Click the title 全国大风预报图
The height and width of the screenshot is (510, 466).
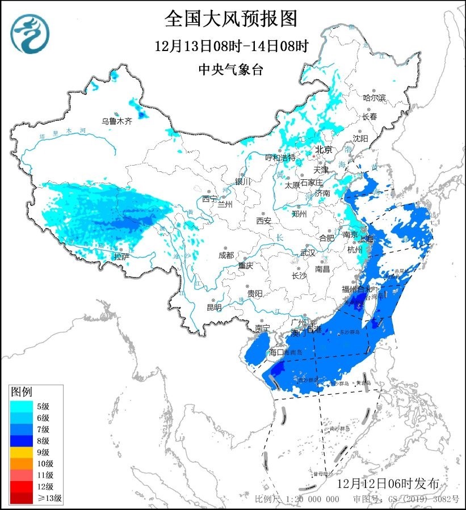(230, 19)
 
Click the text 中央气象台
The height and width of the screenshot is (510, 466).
(231, 69)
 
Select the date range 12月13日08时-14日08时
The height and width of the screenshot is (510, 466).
(231, 46)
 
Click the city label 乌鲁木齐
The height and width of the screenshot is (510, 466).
(116, 121)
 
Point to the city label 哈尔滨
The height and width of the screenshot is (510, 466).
(374, 98)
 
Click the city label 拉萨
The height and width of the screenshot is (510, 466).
(121, 256)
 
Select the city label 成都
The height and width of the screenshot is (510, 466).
(225, 255)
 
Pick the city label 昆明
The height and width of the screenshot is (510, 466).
(214, 307)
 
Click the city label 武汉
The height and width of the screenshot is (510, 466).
(307, 251)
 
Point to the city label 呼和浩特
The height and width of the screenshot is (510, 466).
(281, 157)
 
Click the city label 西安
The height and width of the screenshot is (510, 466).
(264, 220)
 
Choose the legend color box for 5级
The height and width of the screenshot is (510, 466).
(21, 406)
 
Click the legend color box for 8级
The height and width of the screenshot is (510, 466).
(21, 440)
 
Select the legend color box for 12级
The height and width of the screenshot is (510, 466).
(21, 487)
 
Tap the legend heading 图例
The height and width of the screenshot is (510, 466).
(22, 392)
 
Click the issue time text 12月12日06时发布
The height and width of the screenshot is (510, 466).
(387, 484)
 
